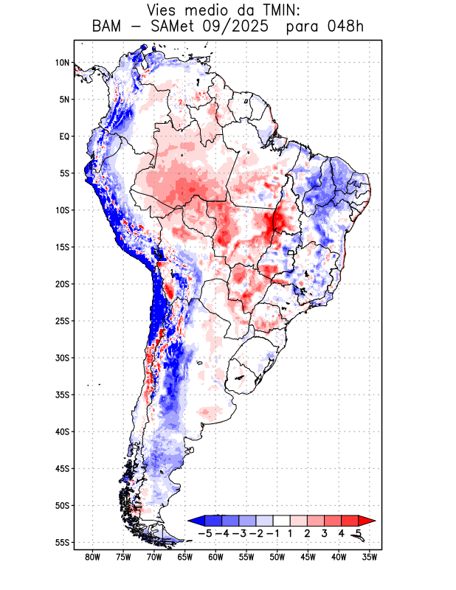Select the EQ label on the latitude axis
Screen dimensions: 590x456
64,136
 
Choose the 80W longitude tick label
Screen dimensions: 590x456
93,557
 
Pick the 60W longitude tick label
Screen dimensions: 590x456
216,557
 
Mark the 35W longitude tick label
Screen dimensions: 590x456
370,557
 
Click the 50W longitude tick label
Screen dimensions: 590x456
277,557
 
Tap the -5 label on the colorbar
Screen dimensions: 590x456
206,532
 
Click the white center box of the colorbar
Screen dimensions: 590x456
282,520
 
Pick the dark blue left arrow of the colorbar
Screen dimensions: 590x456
195,520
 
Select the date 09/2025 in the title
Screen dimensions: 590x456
244,27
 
